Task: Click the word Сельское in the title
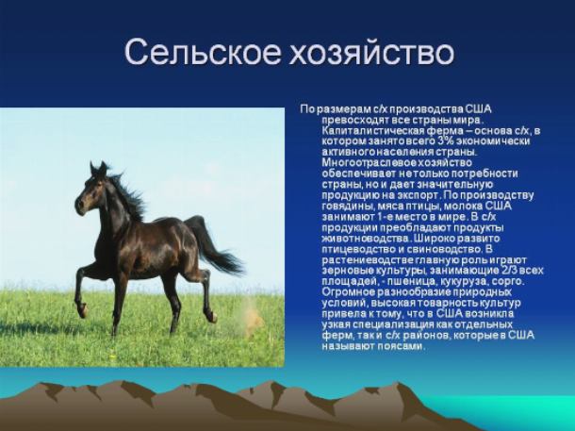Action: pos(203,52)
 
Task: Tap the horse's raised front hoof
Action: pos(83,310)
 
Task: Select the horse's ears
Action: pos(98,169)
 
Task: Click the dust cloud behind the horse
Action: pos(252,315)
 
